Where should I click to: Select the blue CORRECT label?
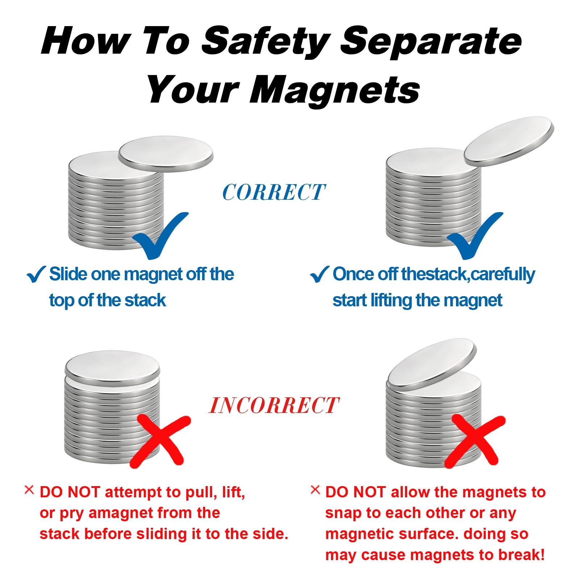(274, 192)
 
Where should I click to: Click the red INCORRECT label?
(274, 405)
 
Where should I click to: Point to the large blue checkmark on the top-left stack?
(159, 236)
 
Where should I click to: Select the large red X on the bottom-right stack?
(475, 441)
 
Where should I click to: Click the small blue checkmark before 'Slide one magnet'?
(36, 274)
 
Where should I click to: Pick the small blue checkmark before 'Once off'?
(319, 274)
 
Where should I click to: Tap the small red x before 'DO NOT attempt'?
(29, 490)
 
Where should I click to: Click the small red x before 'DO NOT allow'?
(315, 490)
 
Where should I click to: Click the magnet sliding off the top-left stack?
(166, 154)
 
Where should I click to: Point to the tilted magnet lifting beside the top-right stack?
(509, 142)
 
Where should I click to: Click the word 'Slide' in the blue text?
(68, 274)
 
